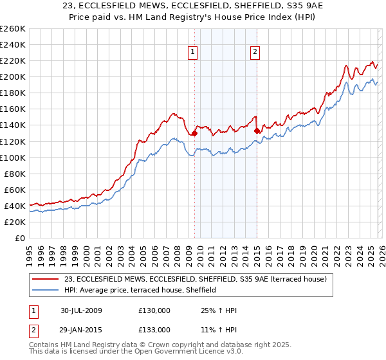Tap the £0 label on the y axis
point(19,238)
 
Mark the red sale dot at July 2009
point(194,133)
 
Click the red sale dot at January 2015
point(257,131)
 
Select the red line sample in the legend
point(46,279)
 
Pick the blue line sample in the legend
point(46,290)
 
